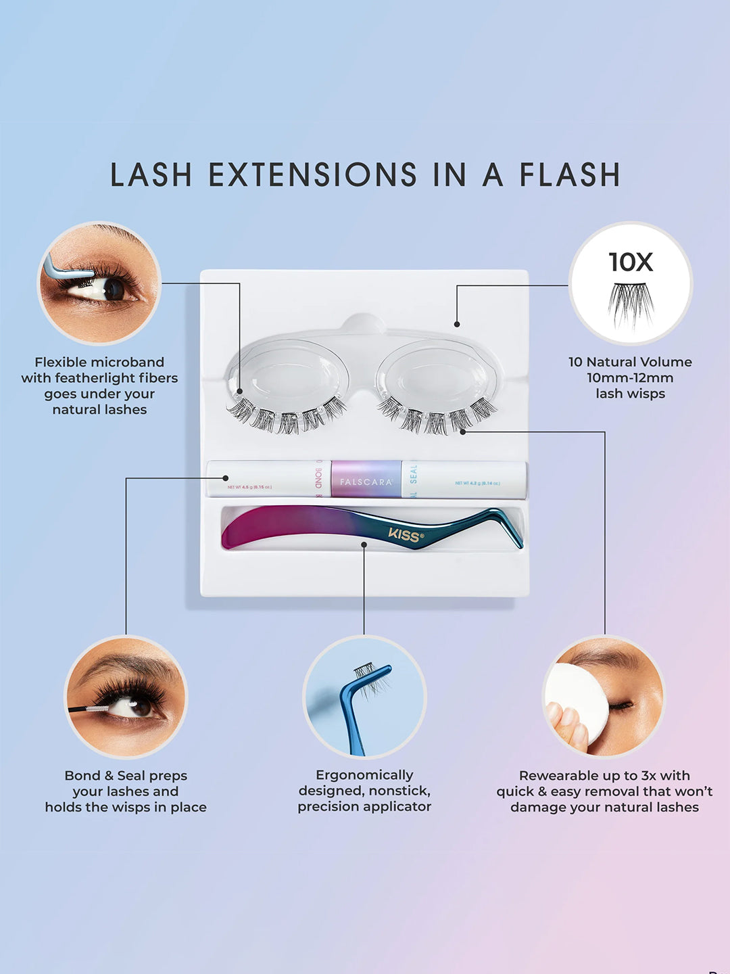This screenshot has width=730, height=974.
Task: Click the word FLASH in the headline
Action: pos(569,175)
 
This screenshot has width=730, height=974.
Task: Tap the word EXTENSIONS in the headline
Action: pos(312,175)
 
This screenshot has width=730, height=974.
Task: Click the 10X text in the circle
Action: pos(631,262)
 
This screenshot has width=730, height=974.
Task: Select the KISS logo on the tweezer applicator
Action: pos(406,535)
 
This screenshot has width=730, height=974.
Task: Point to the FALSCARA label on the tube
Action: pos(366,482)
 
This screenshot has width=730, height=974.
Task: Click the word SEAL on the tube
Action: pos(414,473)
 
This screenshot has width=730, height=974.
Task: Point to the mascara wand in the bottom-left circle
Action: pos(88,709)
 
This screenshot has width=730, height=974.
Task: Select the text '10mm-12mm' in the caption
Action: pos(630,377)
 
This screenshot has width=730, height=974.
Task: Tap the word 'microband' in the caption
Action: pos(128,363)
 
